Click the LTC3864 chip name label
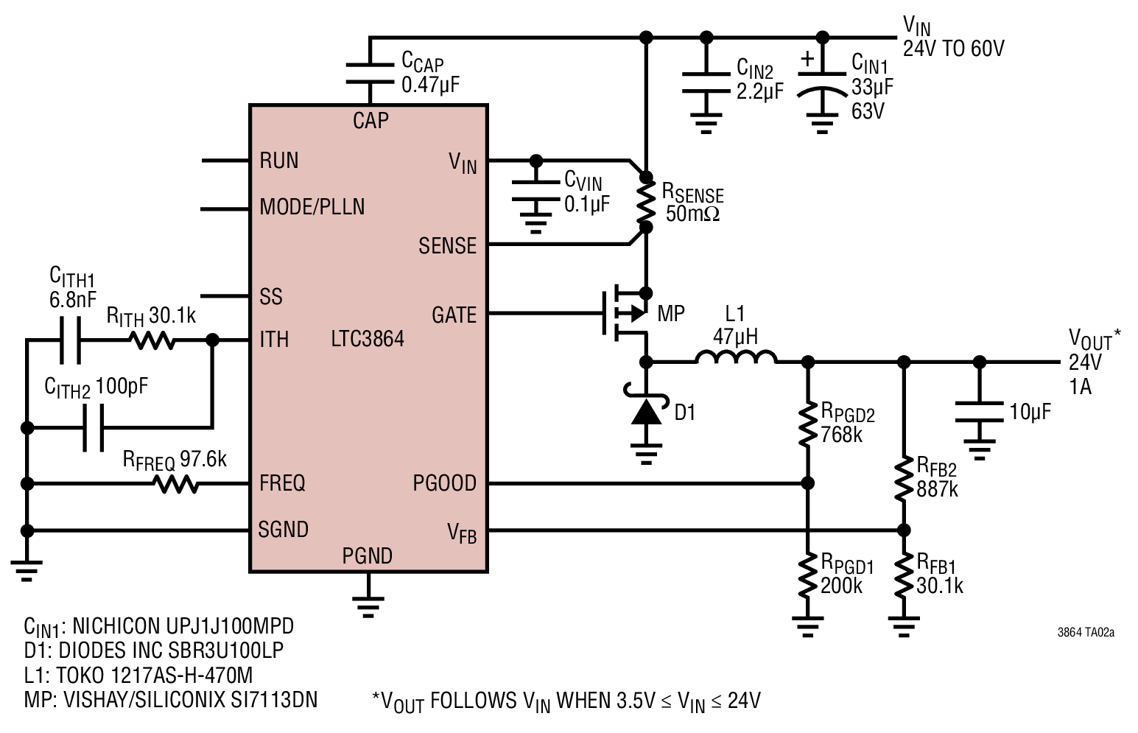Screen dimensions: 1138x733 [x=368, y=339]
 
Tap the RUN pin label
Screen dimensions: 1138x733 [x=279, y=161]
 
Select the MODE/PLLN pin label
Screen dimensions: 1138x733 [x=312, y=207]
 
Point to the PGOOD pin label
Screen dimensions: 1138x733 [x=445, y=483]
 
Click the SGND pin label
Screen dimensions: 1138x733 [x=283, y=530]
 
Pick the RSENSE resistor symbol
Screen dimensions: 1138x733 [x=646, y=202]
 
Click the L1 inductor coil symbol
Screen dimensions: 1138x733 [x=736, y=357]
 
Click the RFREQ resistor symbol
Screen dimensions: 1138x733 [x=176, y=484]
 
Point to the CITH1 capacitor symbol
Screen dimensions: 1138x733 [x=70, y=340]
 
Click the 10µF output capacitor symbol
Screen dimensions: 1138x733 [x=979, y=412]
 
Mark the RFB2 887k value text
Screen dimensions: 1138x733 [x=937, y=489]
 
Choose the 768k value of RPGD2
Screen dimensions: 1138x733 [x=841, y=435]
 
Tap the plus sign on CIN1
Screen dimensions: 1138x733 [x=807, y=59]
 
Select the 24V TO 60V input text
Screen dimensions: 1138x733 [x=953, y=49]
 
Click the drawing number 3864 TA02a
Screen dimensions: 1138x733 [x=1086, y=632]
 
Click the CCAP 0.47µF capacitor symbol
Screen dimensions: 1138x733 [x=370, y=73]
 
